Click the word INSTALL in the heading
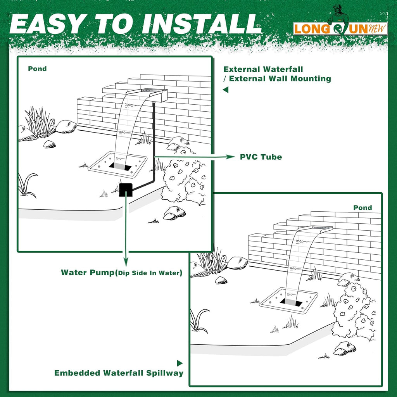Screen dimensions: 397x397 point(201,24)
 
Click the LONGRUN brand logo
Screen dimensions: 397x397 point(340,28)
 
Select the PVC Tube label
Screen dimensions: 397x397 point(261,157)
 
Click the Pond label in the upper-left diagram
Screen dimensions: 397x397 point(37,69)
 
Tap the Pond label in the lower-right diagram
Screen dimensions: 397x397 point(362,207)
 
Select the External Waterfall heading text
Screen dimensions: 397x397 point(263,69)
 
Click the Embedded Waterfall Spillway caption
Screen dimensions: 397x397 point(119,373)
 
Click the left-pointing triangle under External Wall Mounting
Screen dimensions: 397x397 point(226,90)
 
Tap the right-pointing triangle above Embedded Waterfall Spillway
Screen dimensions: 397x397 point(180,363)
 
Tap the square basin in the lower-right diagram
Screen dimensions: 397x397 point(288,299)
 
